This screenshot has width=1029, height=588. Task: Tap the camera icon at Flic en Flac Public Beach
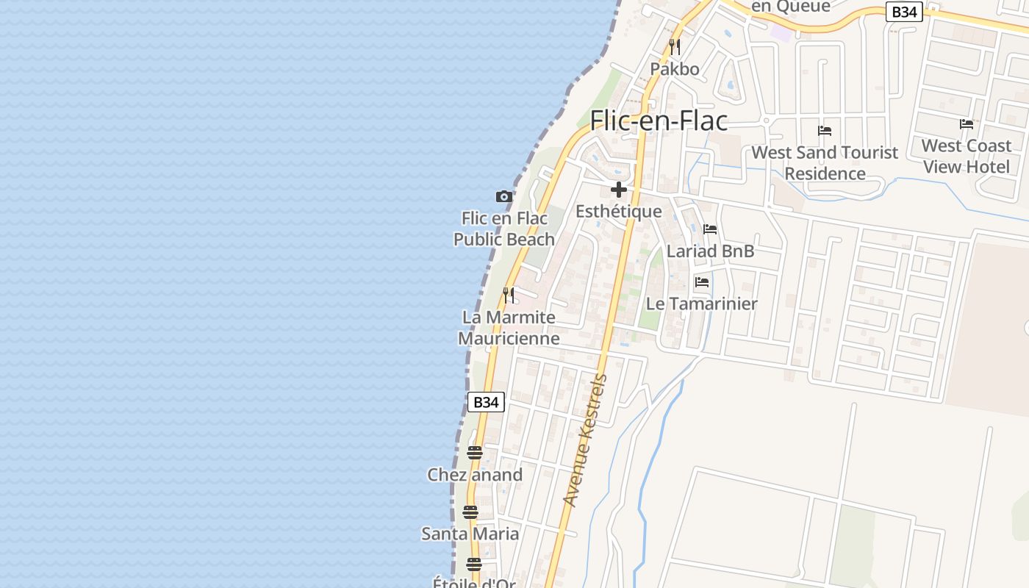coord(503,196)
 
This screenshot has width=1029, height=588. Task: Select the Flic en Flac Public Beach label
coord(504,229)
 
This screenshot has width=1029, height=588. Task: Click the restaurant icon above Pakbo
coord(675,47)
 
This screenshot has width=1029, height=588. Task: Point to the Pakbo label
coord(674,69)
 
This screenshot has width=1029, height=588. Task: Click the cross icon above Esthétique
coord(619,190)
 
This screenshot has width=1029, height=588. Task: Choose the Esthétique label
coord(618,212)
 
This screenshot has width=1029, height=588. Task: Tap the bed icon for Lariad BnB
coord(710,229)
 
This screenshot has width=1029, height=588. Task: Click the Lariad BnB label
coord(710,251)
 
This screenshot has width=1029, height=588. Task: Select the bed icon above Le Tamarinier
coord(702,282)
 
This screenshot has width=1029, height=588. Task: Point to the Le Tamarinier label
coord(701,304)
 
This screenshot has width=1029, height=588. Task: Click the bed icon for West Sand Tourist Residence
coord(825,131)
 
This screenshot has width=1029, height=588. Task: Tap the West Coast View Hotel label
coord(967,156)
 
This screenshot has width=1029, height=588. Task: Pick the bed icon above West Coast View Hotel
coord(967,124)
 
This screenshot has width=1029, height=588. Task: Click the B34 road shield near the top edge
coord(904,12)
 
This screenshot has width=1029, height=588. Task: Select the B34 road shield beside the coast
coord(486,402)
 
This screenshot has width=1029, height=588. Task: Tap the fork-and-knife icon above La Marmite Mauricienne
coord(509,295)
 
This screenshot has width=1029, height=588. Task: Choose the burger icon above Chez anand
coord(475,453)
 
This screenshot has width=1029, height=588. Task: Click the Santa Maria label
coord(470,534)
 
